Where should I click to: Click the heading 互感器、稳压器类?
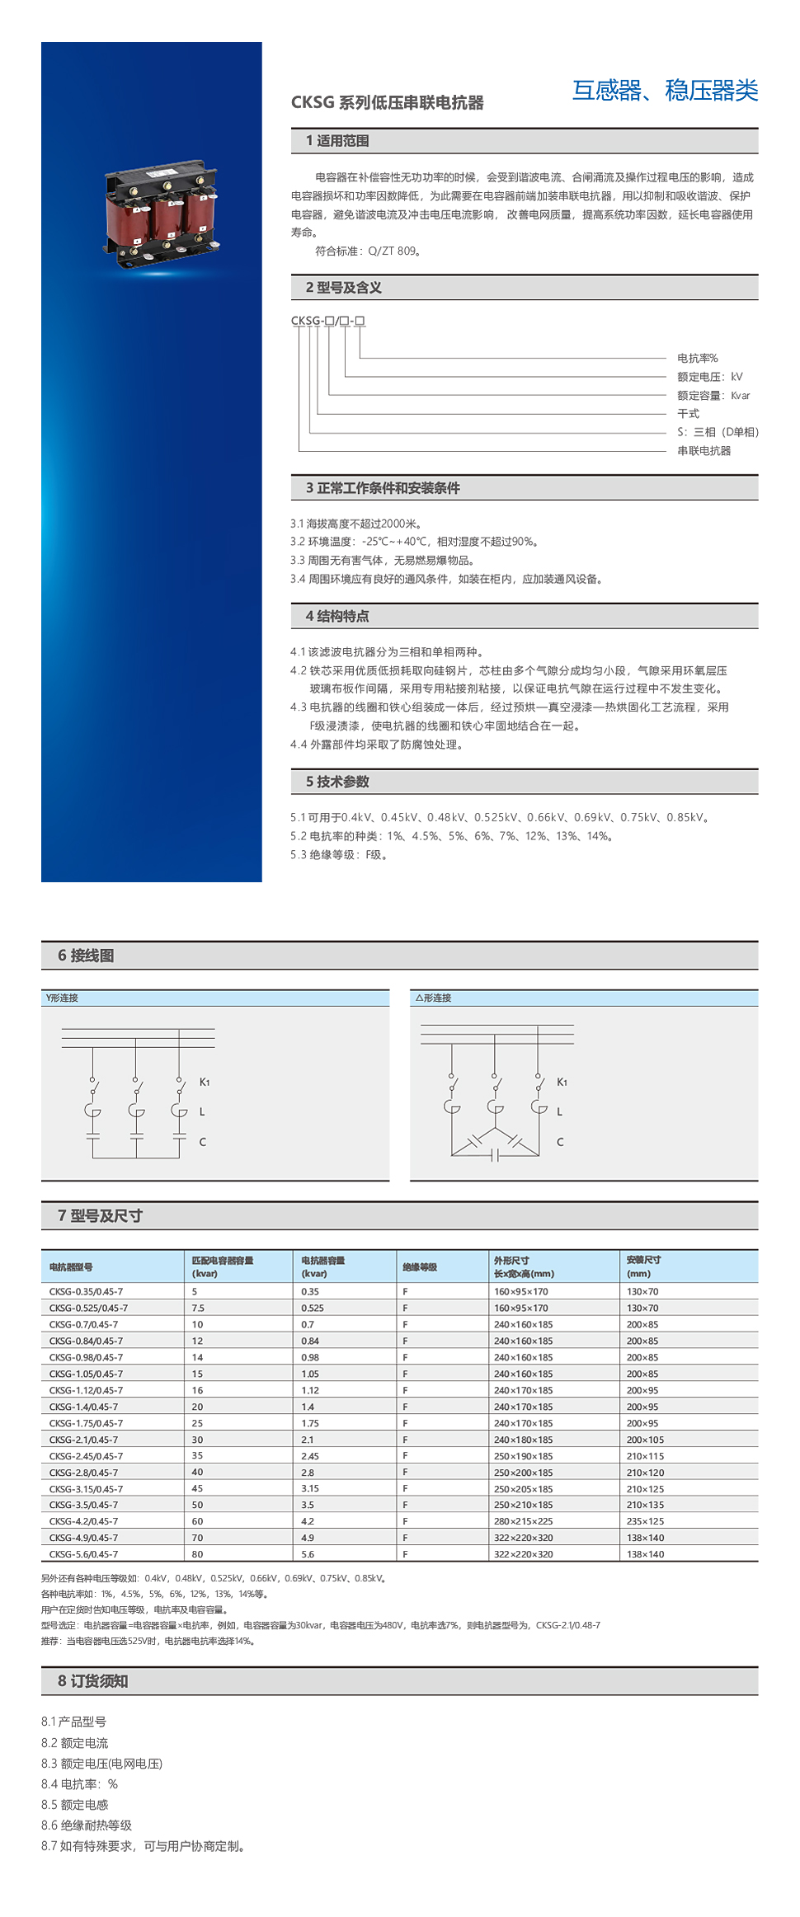pyautogui.click(x=665, y=90)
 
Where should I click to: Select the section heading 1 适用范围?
pyautogui.click(x=337, y=141)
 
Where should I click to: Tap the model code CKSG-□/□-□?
pyautogui.click(x=327, y=321)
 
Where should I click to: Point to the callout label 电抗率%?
pyautogui.click(x=697, y=358)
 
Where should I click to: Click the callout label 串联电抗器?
pyautogui.click(x=704, y=451)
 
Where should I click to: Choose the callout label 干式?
pyautogui.click(x=688, y=414)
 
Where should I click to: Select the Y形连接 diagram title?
pyautogui.click(x=63, y=998)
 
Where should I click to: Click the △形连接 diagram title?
pyautogui.click(x=433, y=998)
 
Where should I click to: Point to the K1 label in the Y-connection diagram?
pyautogui.click(x=205, y=1082)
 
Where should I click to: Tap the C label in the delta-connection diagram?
pyautogui.click(x=560, y=1142)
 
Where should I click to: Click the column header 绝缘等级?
pyautogui.click(x=420, y=1267)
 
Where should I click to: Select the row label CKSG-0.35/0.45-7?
pyautogui.click(x=86, y=1291)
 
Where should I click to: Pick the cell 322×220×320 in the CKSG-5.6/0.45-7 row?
pyautogui.click(x=523, y=1554)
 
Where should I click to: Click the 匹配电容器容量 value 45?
pyautogui.click(x=197, y=1488)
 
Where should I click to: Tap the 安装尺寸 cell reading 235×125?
pyautogui.click(x=645, y=1521)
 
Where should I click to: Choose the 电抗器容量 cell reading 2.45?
pyautogui.click(x=310, y=1456)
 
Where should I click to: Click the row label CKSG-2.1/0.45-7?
pyautogui.click(x=83, y=1440)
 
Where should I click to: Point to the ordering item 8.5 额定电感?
pyautogui.click(x=75, y=1805)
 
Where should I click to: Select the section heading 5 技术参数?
pyautogui.click(x=337, y=782)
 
